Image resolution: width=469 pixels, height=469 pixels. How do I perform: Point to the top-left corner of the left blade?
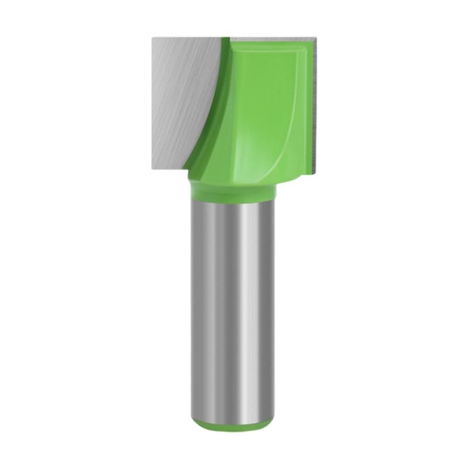tap(153, 39)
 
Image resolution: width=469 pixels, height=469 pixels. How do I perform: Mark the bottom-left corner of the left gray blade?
tap(153, 166)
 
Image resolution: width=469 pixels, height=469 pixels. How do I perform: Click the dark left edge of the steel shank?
tap(193, 305)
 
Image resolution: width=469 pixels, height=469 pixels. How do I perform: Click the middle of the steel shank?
tap(233, 305)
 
